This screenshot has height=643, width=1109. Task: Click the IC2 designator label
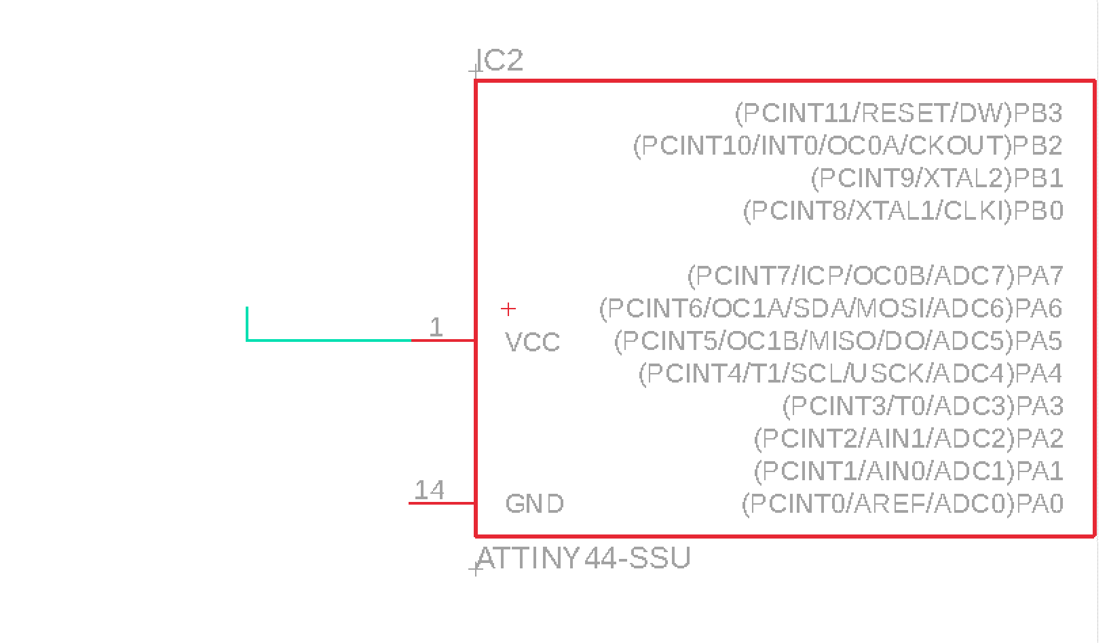click(501, 61)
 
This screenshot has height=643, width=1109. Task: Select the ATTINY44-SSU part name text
click(584, 558)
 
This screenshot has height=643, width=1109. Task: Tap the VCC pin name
click(533, 343)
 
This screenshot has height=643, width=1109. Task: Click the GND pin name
click(534, 504)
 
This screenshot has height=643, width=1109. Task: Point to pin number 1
click(436, 328)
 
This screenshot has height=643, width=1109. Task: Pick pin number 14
click(429, 490)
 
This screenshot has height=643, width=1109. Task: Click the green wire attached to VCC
click(326, 339)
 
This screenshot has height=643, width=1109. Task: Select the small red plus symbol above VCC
click(508, 309)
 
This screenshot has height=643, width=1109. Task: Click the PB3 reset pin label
click(899, 113)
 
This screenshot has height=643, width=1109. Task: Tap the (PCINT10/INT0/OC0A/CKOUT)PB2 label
click(847, 146)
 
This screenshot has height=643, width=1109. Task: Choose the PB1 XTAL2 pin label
click(937, 178)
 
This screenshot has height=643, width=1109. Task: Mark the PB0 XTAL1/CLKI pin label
click(903, 211)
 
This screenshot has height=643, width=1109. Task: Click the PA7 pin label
click(875, 276)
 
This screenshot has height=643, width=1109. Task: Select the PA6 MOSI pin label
click(830, 309)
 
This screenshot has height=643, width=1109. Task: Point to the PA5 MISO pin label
click(838, 340)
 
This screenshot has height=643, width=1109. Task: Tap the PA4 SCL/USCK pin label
click(850, 373)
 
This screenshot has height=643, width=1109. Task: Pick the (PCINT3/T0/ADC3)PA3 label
click(922, 406)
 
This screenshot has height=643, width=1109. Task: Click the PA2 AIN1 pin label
click(908, 439)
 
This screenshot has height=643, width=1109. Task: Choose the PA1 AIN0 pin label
click(908, 471)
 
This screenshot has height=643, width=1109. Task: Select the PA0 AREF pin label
click(902, 504)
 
